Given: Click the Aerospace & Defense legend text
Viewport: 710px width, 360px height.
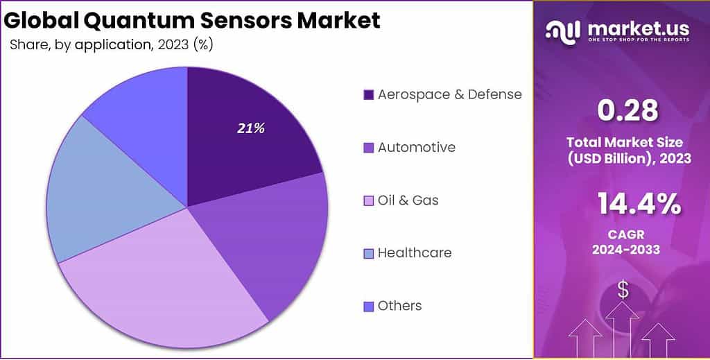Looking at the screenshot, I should click(449, 94).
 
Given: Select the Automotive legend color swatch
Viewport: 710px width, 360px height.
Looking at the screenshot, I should click(368, 148).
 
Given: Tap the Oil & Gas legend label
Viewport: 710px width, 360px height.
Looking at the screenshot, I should click(408, 200).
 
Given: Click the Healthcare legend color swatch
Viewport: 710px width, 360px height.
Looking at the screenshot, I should click(368, 253).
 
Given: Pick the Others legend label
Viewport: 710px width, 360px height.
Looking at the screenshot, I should click(399, 306).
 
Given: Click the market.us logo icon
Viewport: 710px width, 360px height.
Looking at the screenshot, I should click(563, 30).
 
